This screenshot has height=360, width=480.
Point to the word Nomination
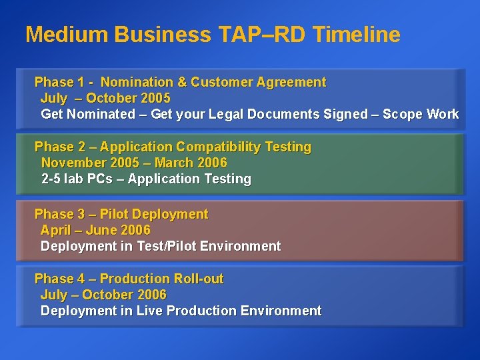pos(137,83)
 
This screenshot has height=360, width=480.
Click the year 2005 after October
pos(155,99)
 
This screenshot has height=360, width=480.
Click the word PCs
pos(100,179)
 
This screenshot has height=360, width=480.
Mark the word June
pos(101,231)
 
